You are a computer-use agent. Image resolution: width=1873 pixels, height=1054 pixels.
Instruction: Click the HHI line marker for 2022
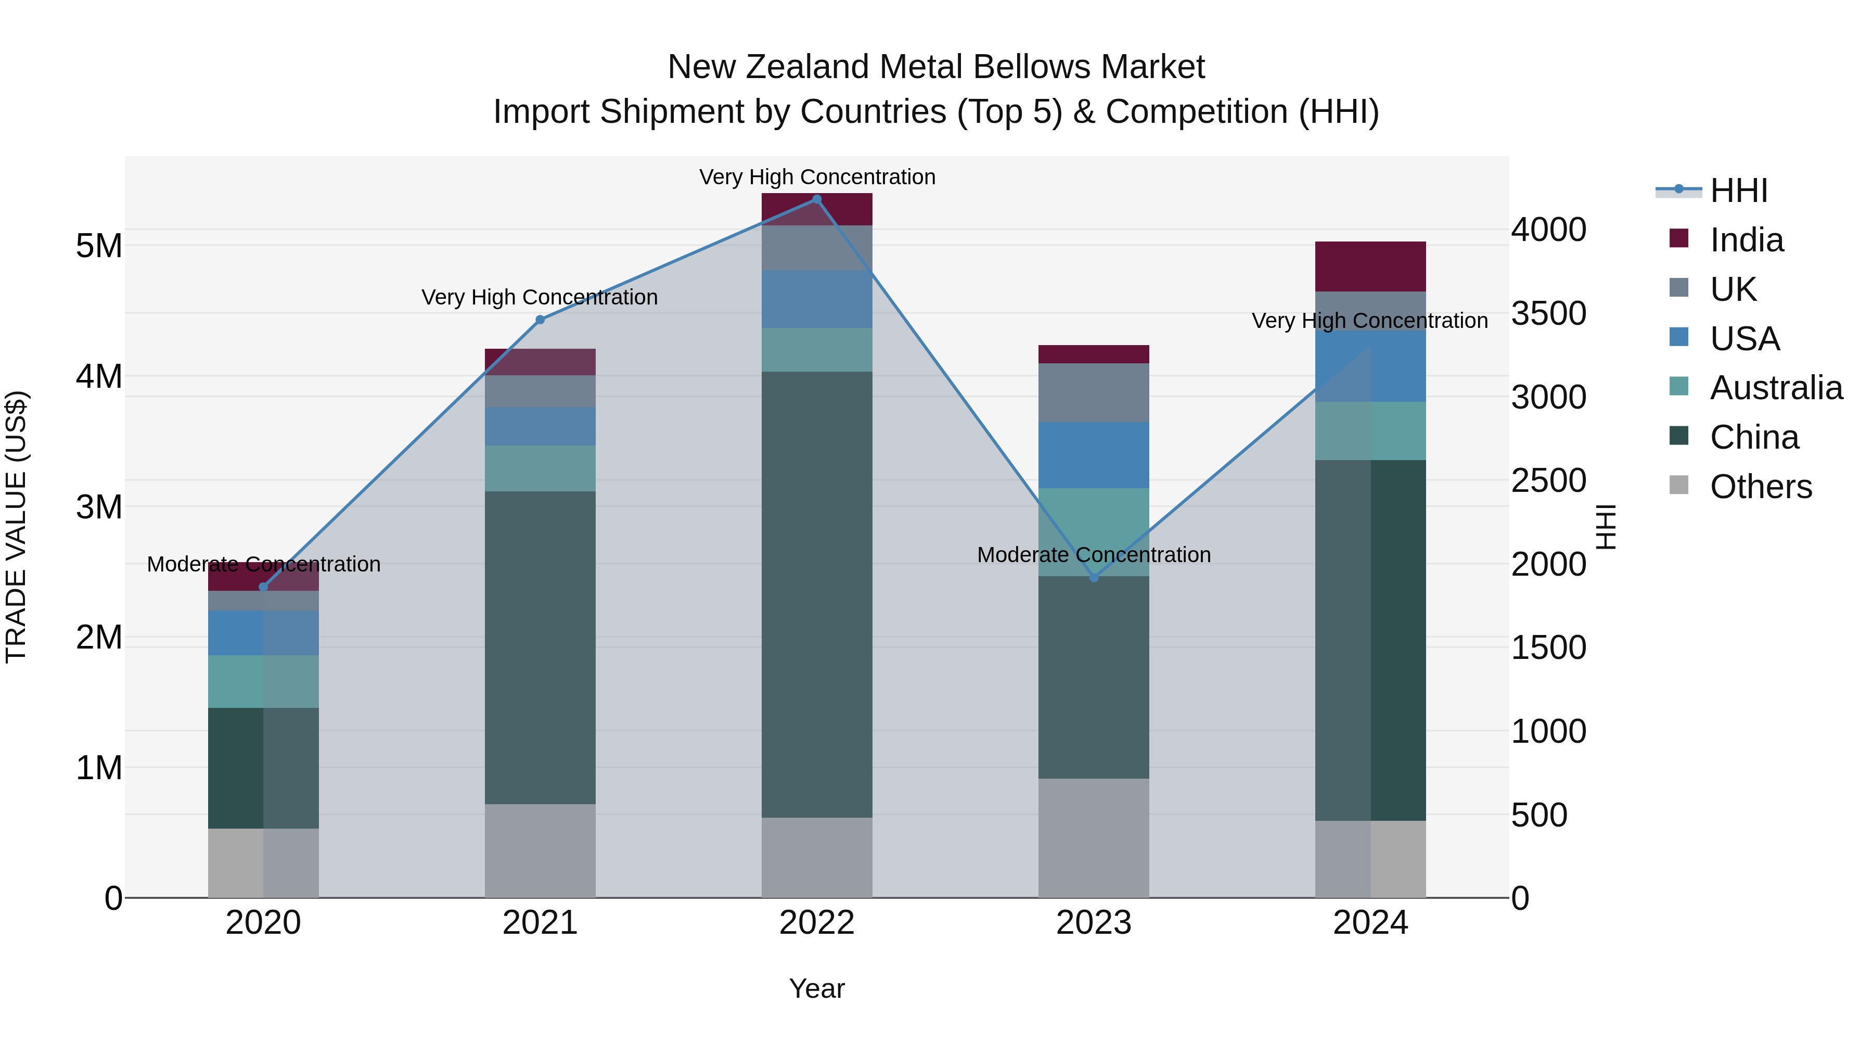click(x=816, y=199)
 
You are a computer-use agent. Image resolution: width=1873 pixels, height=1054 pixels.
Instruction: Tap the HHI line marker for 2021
click(x=540, y=320)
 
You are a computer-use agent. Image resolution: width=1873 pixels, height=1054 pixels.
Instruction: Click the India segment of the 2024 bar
click(x=1370, y=266)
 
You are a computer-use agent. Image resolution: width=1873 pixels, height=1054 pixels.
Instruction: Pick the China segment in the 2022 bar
click(x=816, y=594)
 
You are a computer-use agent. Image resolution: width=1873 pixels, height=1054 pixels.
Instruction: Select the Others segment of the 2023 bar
click(x=1094, y=838)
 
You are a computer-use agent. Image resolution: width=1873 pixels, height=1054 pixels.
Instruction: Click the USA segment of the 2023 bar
click(x=1094, y=454)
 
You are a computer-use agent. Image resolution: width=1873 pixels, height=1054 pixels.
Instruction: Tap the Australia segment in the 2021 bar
click(x=540, y=468)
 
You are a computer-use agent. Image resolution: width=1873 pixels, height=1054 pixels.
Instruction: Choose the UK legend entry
click(x=1732, y=289)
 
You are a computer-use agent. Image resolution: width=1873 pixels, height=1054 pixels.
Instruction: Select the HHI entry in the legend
click(x=1738, y=191)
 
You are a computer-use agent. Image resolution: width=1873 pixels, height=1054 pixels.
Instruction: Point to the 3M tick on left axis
click(x=99, y=507)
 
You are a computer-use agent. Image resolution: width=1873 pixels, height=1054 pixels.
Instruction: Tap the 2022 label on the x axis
click(x=816, y=923)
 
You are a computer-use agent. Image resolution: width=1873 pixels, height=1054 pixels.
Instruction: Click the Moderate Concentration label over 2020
click(x=263, y=564)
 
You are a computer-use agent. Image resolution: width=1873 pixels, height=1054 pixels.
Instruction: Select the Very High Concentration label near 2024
click(x=1369, y=321)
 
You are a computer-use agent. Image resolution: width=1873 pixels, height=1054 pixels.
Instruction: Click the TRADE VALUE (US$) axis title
click(x=16, y=527)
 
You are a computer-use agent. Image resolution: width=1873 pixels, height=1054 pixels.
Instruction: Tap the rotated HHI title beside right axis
click(x=1606, y=527)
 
